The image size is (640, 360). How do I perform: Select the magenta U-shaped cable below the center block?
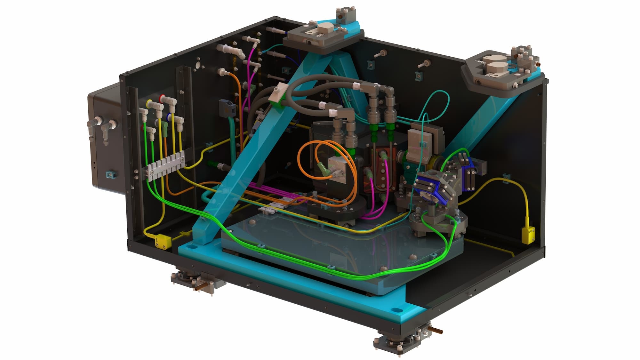(x=378, y=205)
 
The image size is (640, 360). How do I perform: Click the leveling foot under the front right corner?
(x=400, y=344)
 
